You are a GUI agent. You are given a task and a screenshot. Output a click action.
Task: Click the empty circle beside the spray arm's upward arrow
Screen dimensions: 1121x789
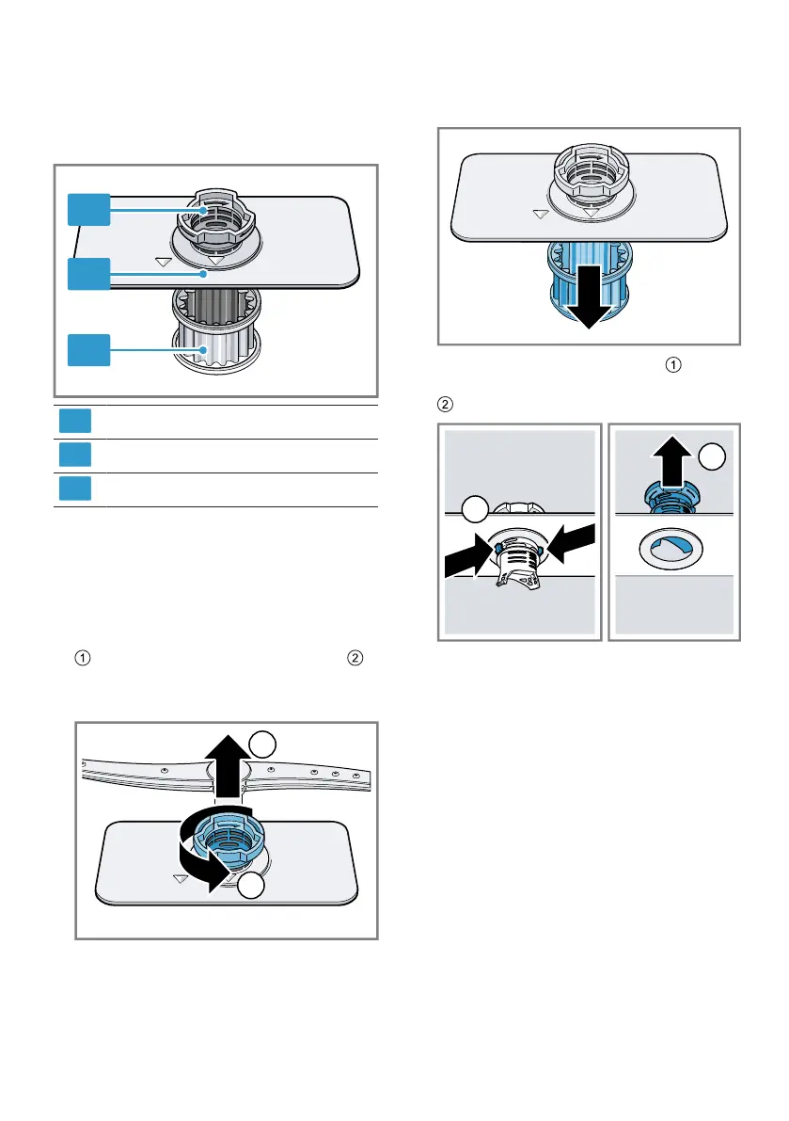point(263,746)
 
